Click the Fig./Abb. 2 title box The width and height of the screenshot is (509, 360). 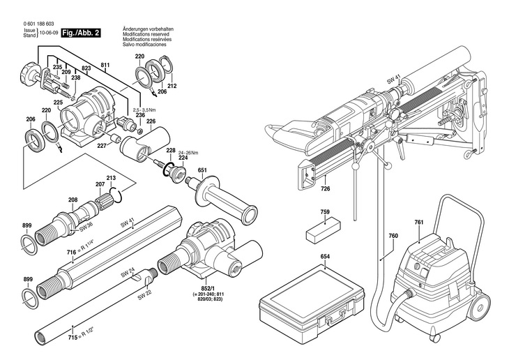81,33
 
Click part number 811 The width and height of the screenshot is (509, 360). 105,66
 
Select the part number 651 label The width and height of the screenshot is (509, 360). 202,170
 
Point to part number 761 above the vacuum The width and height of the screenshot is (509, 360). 419,223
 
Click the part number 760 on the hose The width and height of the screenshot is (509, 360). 393,236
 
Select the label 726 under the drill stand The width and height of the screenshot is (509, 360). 325,188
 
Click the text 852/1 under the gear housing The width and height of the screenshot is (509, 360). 208,289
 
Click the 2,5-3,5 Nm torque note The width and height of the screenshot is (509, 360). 144,110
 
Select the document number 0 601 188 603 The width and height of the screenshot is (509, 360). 38,24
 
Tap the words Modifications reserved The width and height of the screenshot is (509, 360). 146,34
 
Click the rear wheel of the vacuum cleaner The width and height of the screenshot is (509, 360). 480,305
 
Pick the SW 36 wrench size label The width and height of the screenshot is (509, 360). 86,229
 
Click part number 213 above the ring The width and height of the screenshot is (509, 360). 111,178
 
